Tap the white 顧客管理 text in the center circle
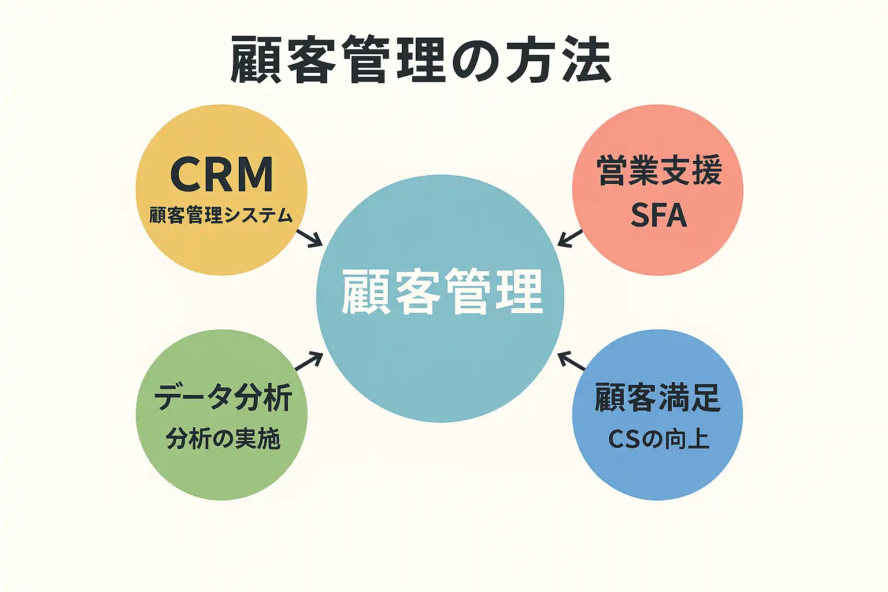pyautogui.click(x=442, y=292)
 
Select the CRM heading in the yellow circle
pyautogui.click(x=221, y=175)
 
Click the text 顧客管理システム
pyautogui.click(x=221, y=216)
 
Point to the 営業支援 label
pyautogui.click(x=659, y=171)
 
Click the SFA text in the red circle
pyautogui.click(x=658, y=215)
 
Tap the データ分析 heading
pyautogui.click(x=223, y=398)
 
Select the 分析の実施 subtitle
pyautogui.click(x=223, y=439)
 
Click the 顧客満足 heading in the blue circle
pyautogui.click(x=658, y=398)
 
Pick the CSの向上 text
pyautogui.click(x=658, y=439)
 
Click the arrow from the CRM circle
pyautogui.click(x=309, y=238)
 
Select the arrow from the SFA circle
pyautogui.click(x=571, y=238)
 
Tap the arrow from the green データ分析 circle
pyautogui.click(x=309, y=361)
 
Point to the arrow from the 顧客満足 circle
pyautogui.click(x=572, y=361)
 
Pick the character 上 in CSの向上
pyautogui.click(x=698, y=439)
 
